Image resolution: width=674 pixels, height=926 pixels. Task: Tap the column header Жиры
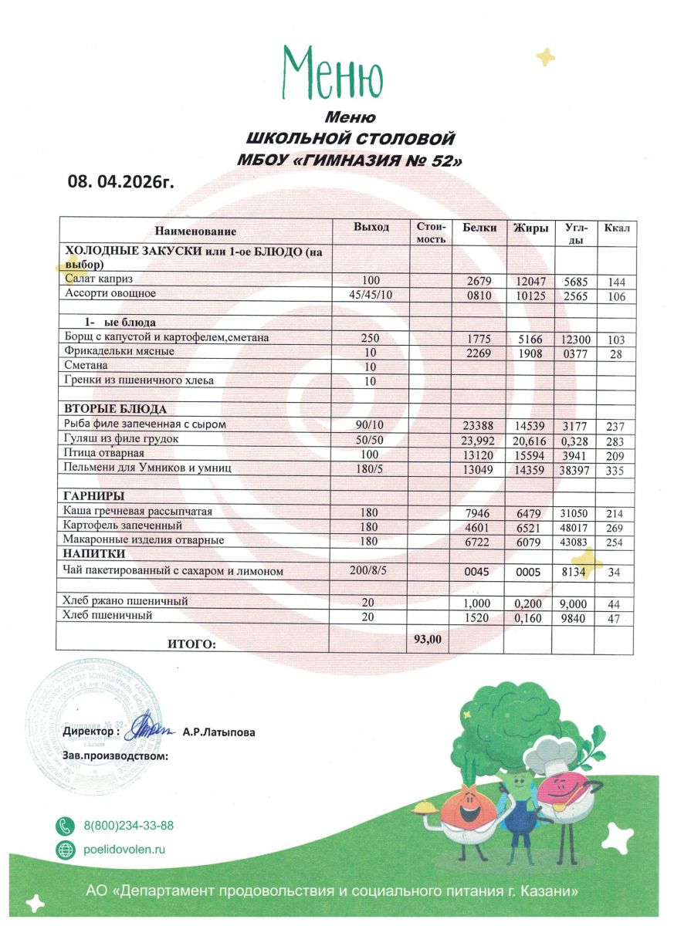(x=530, y=228)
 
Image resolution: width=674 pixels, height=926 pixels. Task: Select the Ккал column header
(x=617, y=228)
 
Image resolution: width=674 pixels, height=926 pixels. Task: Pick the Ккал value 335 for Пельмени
(x=615, y=469)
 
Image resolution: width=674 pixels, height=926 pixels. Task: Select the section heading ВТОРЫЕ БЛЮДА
(x=116, y=409)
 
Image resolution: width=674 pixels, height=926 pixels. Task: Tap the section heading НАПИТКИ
(x=95, y=554)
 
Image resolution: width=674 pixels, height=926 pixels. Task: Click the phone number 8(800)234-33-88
(x=128, y=826)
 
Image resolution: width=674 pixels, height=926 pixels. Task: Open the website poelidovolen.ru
(x=124, y=850)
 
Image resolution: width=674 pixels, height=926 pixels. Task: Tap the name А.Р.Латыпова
(x=218, y=732)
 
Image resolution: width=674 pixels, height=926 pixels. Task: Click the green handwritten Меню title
(x=334, y=71)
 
